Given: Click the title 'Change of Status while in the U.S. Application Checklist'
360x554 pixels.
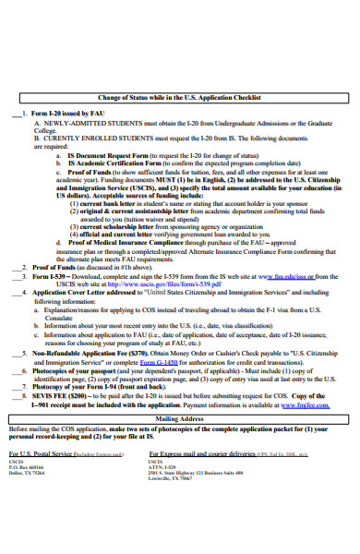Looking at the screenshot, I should tap(180, 96).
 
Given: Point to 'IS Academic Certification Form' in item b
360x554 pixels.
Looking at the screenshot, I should tap(110, 163).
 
